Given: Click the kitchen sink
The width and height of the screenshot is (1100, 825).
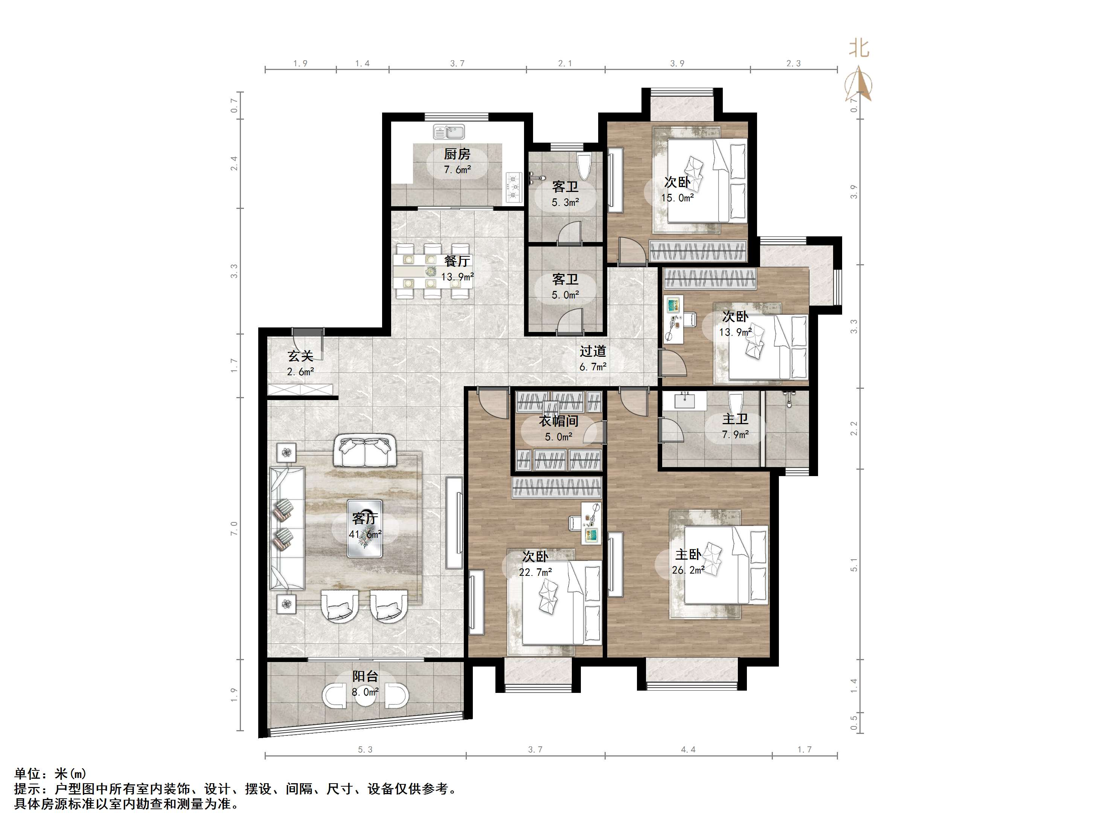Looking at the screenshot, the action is click(449, 131).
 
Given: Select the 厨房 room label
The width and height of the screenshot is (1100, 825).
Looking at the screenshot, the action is click(457, 154).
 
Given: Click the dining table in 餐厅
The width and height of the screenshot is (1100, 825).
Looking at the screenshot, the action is click(433, 271).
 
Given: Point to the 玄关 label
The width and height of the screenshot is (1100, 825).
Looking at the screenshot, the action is click(300, 356).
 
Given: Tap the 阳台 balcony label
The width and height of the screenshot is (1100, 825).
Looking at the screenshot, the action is click(366, 676).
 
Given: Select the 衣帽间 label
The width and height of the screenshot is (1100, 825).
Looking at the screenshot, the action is click(558, 421).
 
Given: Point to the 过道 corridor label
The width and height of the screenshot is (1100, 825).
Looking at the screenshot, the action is click(593, 352).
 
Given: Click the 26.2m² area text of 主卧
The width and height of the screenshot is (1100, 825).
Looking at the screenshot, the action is click(688, 571).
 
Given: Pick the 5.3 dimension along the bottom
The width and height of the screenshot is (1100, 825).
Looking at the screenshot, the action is click(365, 750).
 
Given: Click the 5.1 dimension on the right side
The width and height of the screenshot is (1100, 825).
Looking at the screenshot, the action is click(854, 565).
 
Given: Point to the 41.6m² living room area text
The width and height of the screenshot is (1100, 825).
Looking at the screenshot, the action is click(366, 534).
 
